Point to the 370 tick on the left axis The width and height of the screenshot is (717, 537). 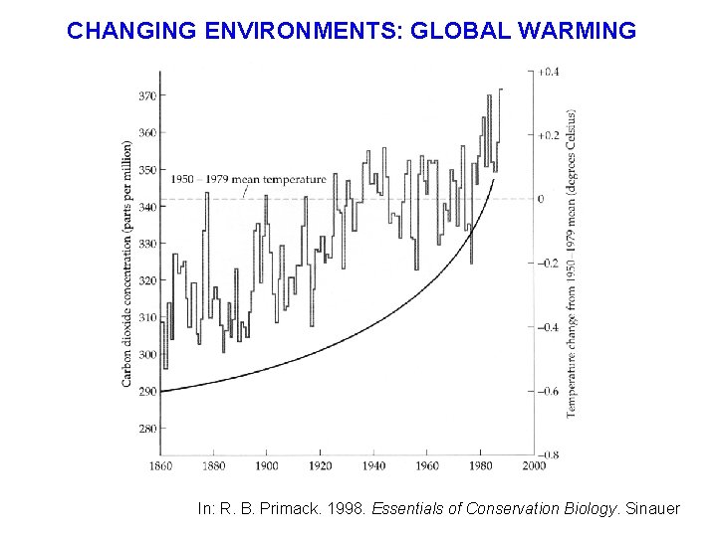tap(145, 95)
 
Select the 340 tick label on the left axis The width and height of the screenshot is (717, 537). tap(145, 207)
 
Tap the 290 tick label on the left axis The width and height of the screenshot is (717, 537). tap(145, 392)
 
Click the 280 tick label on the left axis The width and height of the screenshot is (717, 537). tap(145, 429)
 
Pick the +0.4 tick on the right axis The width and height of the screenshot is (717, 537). tap(549, 73)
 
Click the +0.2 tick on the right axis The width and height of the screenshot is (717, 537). tap(549, 135)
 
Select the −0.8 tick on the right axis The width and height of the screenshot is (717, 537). tap(549, 455)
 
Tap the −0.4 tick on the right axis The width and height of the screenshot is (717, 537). tap(549, 327)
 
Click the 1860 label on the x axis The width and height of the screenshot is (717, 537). tap(160, 465)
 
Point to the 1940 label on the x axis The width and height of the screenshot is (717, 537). tap(372, 465)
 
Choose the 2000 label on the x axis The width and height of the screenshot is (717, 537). tap(533, 465)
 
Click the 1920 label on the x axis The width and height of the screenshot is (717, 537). tap(320, 465)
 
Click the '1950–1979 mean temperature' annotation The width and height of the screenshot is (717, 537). tap(248, 179)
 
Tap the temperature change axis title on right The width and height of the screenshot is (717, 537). tap(572, 264)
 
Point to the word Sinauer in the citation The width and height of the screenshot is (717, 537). tap(652, 509)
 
